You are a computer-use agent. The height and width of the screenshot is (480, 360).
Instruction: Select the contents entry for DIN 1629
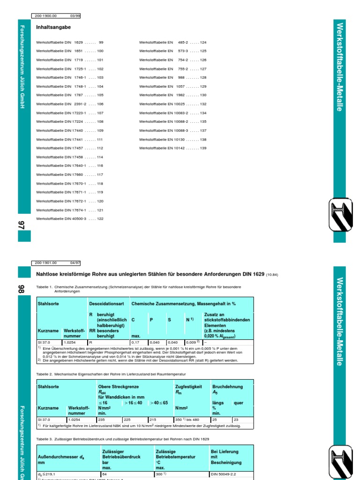(69, 42)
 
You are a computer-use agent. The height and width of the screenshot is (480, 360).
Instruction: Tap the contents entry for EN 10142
(172, 148)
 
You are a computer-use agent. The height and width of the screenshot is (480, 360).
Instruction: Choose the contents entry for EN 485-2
(172, 42)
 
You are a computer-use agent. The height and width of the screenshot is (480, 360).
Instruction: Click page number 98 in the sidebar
(22, 290)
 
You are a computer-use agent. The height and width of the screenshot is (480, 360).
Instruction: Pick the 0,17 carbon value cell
(138, 343)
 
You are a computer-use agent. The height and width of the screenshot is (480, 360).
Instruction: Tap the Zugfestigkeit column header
(188, 387)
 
